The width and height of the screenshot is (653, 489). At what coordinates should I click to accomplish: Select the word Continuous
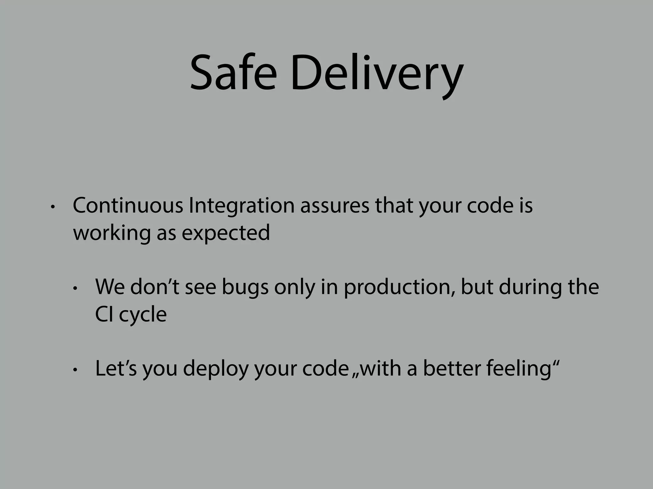[128, 206]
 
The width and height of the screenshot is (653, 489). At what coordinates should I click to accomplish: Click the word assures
[334, 206]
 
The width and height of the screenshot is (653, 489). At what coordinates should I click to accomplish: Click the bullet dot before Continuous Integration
[53, 207]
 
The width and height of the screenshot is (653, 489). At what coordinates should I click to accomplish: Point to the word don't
[155, 287]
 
